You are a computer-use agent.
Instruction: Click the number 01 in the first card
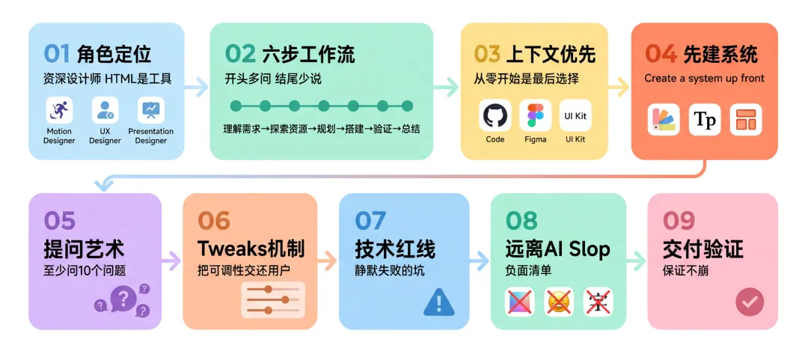[57, 54]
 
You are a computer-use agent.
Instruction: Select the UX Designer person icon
[105, 111]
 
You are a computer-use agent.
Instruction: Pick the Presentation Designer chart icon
[151, 111]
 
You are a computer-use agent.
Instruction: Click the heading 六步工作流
[308, 54]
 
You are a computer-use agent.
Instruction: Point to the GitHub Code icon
[495, 115]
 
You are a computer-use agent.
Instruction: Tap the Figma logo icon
[536, 115]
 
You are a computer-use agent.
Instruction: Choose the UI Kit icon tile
[575, 115]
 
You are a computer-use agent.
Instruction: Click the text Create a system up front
[704, 78]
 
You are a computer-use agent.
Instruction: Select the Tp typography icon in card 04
[705, 120]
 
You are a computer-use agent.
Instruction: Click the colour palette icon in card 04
[664, 120]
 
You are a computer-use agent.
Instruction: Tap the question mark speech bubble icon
[123, 300]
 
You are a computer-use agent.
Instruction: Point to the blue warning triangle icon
[438, 302]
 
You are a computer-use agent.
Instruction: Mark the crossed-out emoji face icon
[559, 302]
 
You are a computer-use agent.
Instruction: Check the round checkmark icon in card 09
[749, 302]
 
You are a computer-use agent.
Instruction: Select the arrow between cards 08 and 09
[636, 260]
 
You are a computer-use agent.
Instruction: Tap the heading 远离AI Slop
[557, 249]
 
